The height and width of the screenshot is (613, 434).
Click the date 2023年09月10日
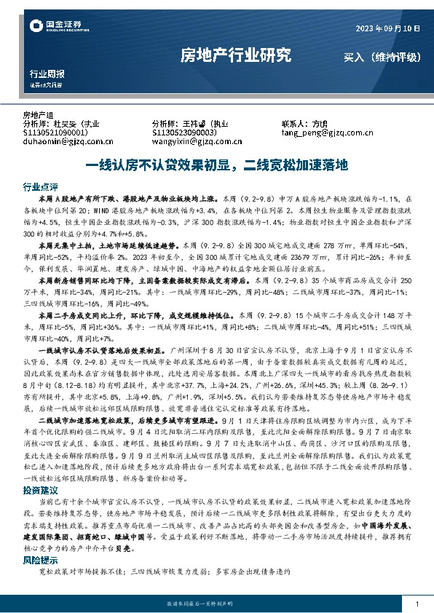[387, 28]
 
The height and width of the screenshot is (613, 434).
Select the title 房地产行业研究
[234, 55]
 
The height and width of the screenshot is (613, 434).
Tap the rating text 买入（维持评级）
[379, 56]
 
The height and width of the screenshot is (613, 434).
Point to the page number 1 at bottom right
[416, 604]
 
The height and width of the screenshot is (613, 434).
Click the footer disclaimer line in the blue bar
[216, 604]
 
